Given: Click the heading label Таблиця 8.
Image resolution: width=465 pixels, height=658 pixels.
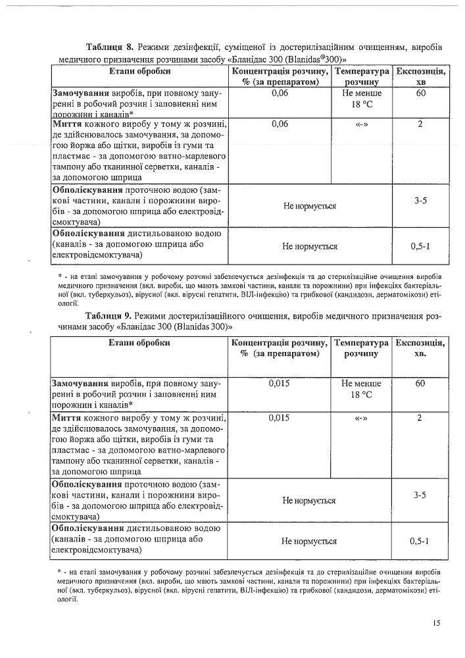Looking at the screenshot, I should point(110,47).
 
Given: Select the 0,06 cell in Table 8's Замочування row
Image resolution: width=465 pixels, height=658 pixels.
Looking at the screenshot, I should point(280,93).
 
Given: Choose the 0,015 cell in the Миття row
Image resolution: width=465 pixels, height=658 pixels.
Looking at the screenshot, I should point(280,417).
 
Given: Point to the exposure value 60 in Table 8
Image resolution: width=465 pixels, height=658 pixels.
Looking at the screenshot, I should point(421,93).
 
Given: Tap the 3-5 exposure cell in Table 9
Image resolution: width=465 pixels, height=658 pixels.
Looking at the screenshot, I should point(421,494).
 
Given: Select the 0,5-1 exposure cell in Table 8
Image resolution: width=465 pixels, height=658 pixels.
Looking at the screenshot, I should point(420,246).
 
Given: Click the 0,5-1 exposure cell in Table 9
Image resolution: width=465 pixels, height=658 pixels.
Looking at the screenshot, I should point(420,541).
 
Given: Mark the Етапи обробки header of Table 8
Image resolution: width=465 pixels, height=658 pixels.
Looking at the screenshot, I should point(140,71).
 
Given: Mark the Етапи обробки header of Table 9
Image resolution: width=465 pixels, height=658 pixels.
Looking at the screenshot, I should point(140,343).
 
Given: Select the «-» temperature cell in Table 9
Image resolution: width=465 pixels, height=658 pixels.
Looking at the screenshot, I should point(360,417).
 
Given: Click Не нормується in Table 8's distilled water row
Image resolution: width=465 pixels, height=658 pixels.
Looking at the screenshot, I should point(310,246).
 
